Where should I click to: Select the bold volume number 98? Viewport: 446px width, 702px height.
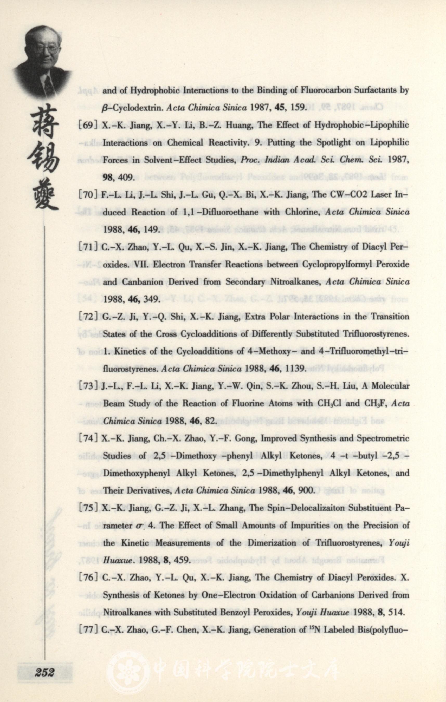(x=109, y=178)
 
